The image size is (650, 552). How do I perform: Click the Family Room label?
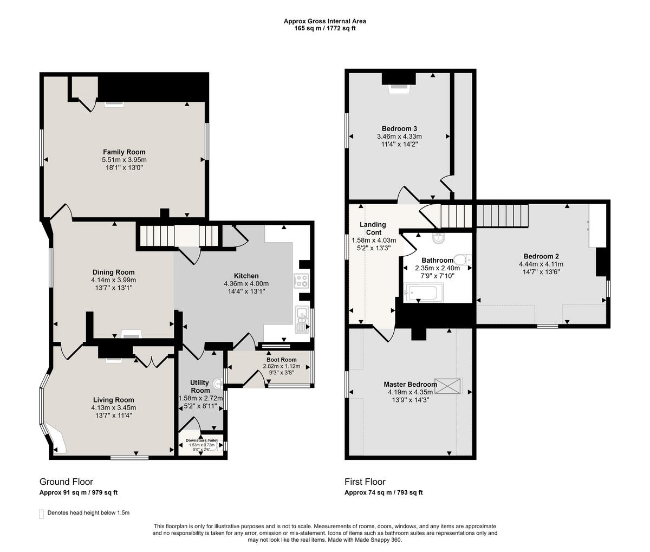(124, 152)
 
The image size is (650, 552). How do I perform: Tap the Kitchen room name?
(246, 276)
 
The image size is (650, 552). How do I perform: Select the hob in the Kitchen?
(302, 281)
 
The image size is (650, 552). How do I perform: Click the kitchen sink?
(302, 319)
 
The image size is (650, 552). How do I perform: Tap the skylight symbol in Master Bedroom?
(447, 386)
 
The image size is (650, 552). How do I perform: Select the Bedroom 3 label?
(399, 128)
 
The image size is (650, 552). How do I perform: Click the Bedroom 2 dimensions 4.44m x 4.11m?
(541, 264)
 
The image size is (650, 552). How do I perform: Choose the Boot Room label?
(282, 360)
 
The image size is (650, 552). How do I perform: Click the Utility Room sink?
(218, 384)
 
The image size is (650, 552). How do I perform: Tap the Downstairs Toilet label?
(201, 440)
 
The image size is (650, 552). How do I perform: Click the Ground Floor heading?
(66, 482)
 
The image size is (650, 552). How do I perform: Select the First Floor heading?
(365, 482)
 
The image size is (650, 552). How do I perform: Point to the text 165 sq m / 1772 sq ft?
(325, 28)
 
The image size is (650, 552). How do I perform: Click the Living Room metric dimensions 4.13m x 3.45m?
(114, 407)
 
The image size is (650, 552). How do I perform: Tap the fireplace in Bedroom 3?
(399, 88)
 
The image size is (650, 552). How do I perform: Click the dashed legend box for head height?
(42, 514)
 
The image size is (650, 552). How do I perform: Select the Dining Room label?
(114, 272)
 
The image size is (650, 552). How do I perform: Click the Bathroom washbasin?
(438, 239)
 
